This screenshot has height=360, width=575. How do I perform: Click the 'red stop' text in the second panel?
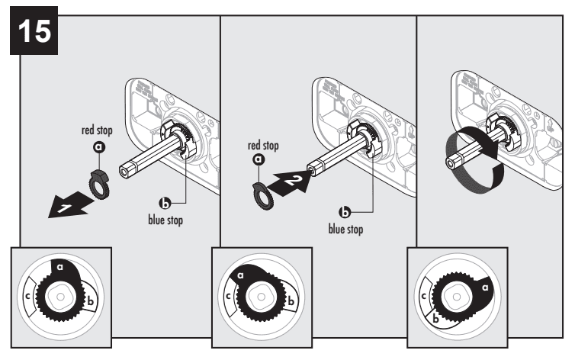[x=264, y=145]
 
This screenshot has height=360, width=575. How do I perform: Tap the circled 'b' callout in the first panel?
[x=164, y=204]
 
